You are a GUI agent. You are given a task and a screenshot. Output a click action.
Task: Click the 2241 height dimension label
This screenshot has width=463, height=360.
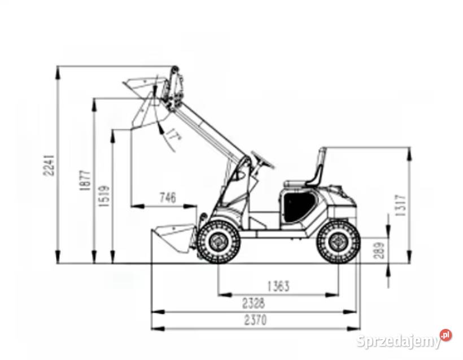pyautogui.click(x=49, y=165)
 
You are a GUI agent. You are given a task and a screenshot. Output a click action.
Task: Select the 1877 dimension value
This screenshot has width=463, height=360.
pyautogui.click(x=85, y=179)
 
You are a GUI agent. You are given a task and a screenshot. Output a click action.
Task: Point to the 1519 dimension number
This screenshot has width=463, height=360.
pyautogui.click(x=104, y=196)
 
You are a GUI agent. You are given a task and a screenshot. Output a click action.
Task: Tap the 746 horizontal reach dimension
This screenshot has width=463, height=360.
pyautogui.click(x=168, y=197)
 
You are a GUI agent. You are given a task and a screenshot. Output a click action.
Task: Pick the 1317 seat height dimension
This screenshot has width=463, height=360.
pyautogui.click(x=401, y=205)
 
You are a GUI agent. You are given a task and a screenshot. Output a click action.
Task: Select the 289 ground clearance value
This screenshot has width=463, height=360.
pyautogui.click(x=379, y=250)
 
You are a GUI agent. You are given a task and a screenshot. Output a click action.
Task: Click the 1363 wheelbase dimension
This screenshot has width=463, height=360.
pyautogui.click(x=278, y=286)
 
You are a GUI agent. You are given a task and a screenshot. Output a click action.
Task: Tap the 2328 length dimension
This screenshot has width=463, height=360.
pyautogui.click(x=254, y=303)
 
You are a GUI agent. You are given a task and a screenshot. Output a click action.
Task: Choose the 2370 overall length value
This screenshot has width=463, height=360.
pyautogui.click(x=255, y=320)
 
